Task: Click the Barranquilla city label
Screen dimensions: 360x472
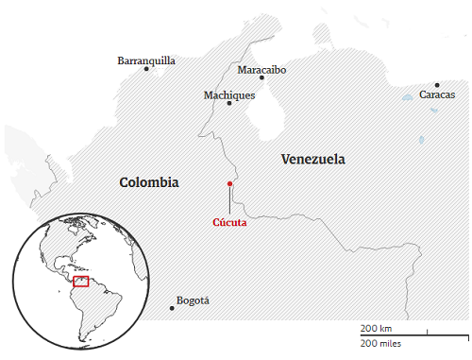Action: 146,60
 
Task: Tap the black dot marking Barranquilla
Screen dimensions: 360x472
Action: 146,69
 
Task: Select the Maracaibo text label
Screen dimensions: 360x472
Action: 261,70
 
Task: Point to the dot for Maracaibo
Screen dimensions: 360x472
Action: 262,78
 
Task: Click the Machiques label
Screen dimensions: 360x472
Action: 229,94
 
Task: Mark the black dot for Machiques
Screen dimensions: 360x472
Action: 229,103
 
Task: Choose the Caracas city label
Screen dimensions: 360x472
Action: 437,94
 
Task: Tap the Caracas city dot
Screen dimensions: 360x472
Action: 437,85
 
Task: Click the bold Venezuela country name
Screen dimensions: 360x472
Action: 313,159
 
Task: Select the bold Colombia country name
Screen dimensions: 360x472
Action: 148,182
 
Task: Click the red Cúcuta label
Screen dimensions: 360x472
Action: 229,223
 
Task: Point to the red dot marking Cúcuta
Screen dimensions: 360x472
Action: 229,183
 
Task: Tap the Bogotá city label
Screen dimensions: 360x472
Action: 193,300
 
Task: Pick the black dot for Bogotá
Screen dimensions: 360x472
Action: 172,307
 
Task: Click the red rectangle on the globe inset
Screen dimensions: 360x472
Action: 80,282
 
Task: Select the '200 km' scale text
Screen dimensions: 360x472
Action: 375,327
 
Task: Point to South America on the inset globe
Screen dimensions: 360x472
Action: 100,307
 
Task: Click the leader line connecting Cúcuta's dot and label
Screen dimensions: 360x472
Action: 229,200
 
